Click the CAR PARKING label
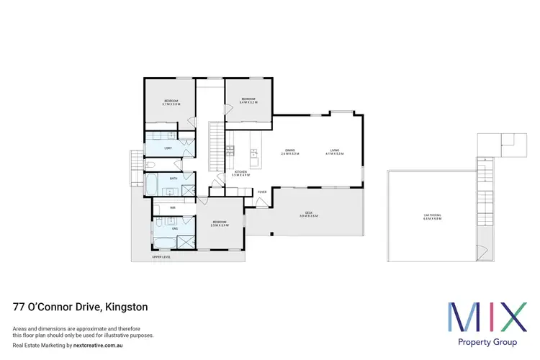click(432, 215)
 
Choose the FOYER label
click(262, 192)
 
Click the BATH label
click(174, 178)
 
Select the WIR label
click(173, 207)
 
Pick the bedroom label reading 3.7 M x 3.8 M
click(171, 102)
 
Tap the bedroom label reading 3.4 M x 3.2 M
click(248, 101)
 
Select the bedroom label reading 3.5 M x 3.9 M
click(219, 223)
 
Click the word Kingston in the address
click(127, 307)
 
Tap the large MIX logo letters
click(487, 314)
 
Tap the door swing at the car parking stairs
click(481, 253)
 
